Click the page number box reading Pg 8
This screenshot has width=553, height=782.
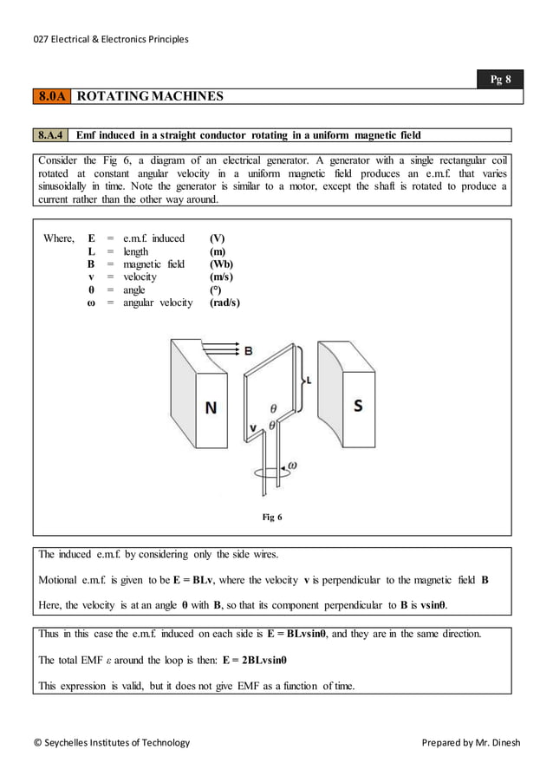[x=501, y=80]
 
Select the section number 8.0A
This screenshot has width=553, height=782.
[x=51, y=96]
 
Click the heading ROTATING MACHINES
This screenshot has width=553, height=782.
[x=150, y=96]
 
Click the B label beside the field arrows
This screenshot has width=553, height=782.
[x=248, y=351]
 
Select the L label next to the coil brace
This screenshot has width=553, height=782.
[x=309, y=380]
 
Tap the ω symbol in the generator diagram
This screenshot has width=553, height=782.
[x=292, y=466]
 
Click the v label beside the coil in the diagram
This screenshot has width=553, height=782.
[x=253, y=427]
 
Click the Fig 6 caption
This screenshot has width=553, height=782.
[x=272, y=518]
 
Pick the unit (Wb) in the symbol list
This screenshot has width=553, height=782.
[x=222, y=264]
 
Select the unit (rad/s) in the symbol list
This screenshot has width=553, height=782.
[x=224, y=303]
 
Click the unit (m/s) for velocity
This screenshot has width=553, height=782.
[x=222, y=277]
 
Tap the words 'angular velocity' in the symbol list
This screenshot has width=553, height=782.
[x=158, y=303]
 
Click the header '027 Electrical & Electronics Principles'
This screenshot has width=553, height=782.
[x=110, y=39]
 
